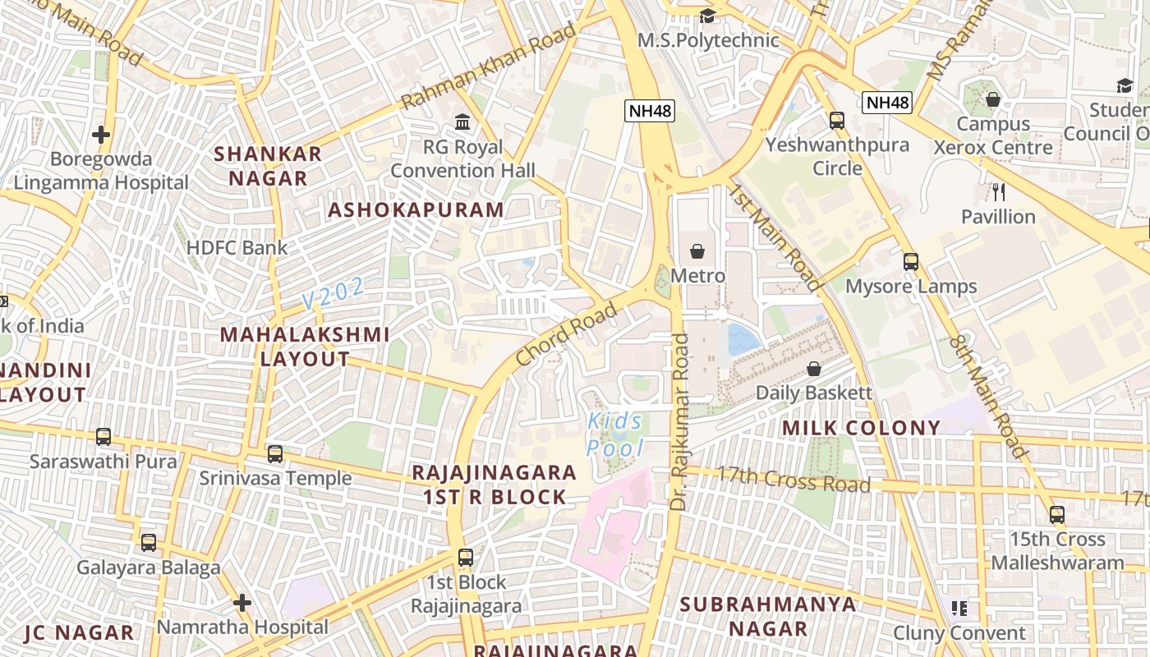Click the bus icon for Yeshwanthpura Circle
(x=837, y=121)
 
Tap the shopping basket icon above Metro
(x=697, y=251)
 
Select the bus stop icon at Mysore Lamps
(x=910, y=262)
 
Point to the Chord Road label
(x=565, y=334)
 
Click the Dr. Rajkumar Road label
(x=679, y=421)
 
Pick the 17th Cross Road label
(x=793, y=480)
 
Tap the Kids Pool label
(x=615, y=434)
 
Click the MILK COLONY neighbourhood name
(x=861, y=428)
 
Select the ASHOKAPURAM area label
(x=416, y=209)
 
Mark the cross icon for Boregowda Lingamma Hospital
(x=101, y=134)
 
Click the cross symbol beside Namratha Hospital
(x=241, y=604)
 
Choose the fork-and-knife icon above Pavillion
(x=998, y=192)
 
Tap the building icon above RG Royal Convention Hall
(x=462, y=122)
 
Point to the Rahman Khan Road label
(x=489, y=66)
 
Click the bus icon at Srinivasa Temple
(x=275, y=453)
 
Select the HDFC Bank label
(x=237, y=248)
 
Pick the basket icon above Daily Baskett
(x=813, y=369)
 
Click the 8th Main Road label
(x=990, y=397)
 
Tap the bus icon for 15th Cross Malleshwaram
(x=1057, y=515)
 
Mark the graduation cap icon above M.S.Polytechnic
(x=707, y=16)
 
